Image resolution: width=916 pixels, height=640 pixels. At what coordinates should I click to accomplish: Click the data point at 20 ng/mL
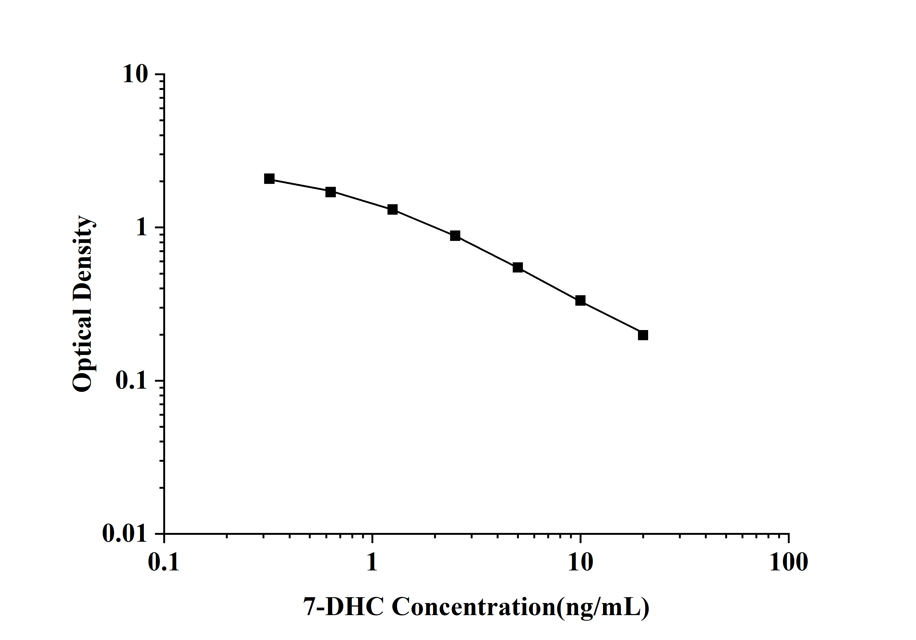click(x=643, y=335)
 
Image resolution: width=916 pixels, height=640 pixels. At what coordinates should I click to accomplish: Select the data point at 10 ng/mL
click(x=580, y=300)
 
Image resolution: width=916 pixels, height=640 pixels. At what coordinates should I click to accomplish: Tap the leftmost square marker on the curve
click(x=269, y=179)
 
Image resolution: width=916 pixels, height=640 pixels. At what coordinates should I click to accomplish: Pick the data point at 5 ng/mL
click(x=518, y=267)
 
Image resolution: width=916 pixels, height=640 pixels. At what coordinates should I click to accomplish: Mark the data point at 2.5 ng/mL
click(x=455, y=236)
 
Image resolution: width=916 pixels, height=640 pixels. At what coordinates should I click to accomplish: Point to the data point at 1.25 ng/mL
click(x=393, y=210)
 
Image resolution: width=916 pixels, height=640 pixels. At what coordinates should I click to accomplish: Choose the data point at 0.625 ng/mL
click(x=330, y=192)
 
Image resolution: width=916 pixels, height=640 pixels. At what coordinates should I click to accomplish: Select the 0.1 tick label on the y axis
click(x=131, y=381)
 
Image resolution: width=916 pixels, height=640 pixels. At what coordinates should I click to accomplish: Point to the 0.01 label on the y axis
click(x=125, y=533)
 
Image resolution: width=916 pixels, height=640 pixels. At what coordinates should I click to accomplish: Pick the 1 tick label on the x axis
click(x=372, y=562)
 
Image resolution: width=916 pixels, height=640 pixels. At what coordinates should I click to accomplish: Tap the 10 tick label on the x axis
click(x=580, y=562)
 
